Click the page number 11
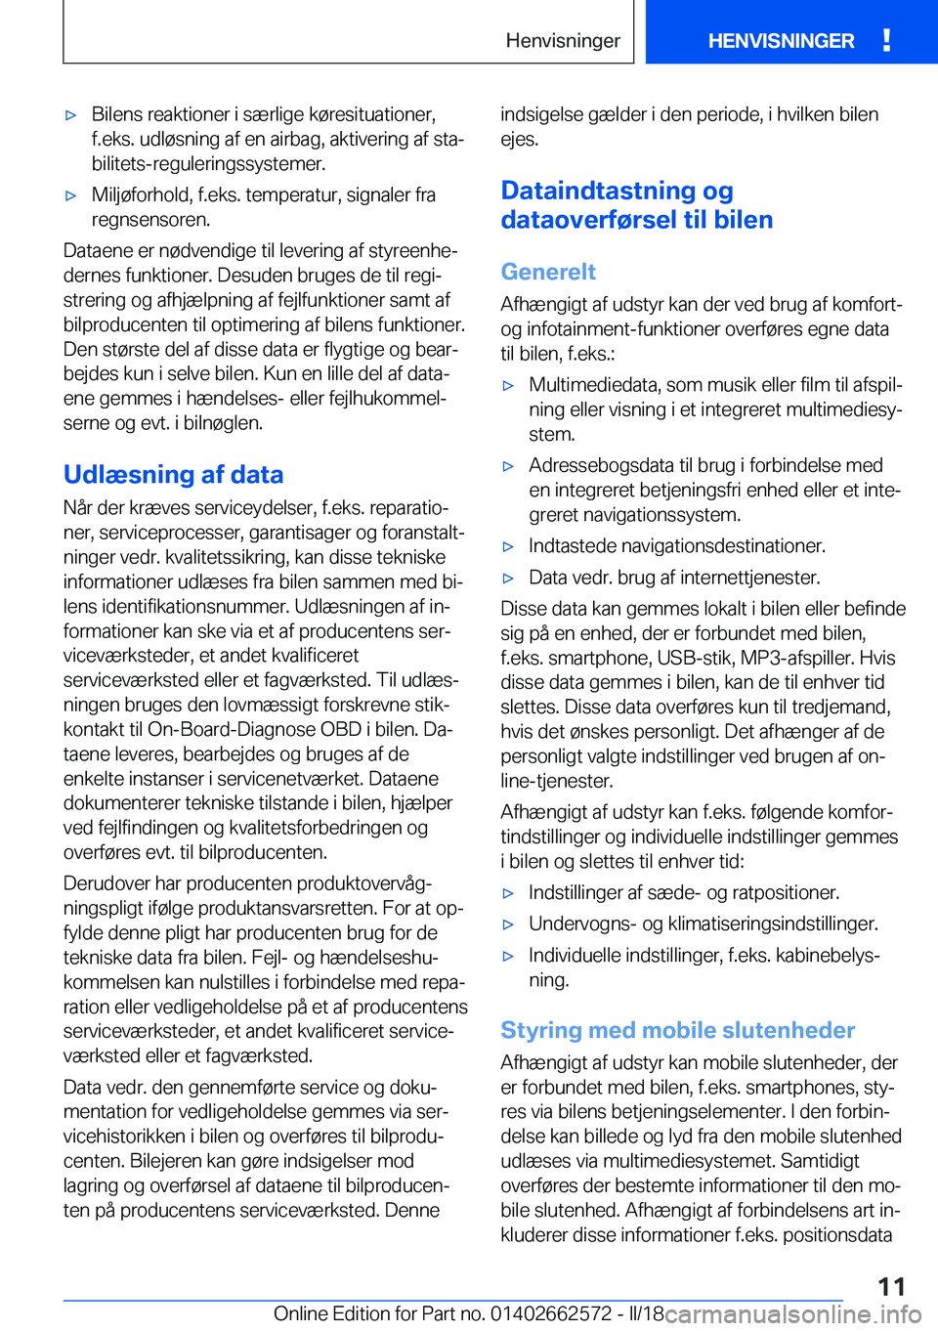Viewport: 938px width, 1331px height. click(891, 1286)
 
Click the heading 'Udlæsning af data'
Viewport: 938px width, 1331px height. click(173, 475)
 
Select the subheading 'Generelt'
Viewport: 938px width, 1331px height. click(548, 272)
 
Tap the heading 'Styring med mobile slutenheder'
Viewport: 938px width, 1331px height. click(677, 1030)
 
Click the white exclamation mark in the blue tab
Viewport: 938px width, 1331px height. click(886, 40)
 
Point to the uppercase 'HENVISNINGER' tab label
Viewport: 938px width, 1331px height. click(781, 41)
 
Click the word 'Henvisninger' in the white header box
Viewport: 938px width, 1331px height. click(563, 41)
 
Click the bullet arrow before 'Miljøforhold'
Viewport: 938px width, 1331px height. click(70, 195)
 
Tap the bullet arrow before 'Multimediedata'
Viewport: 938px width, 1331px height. click(508, 386)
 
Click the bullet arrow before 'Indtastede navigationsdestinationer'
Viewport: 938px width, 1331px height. click(508, 547)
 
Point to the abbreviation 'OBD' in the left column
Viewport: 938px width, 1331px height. click(341, 729)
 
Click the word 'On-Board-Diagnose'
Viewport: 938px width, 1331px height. click(231, 729)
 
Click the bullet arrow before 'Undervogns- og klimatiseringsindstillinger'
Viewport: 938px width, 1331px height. click(508, 924)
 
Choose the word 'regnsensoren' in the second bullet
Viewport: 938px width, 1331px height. click(150, 220)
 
